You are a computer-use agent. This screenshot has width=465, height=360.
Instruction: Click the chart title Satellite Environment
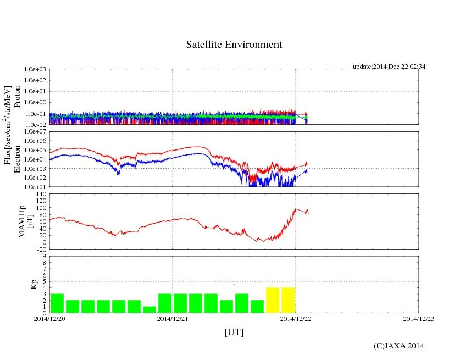pos(234,45)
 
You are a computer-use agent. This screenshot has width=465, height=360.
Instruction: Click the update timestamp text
pos(389,67)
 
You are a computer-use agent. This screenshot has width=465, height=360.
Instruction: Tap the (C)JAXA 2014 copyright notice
pos(398,346)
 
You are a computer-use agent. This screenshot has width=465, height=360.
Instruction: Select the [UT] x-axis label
pos(234,332)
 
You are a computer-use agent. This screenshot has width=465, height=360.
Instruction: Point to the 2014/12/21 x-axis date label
pos(173,318)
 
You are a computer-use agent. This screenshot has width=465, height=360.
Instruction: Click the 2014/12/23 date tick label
pos(419,318)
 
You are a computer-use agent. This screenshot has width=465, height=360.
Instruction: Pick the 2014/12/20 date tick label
pos(49,318)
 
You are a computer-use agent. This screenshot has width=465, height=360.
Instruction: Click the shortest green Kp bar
pos(150,309)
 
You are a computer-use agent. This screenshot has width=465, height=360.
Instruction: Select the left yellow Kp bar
pos(273,300)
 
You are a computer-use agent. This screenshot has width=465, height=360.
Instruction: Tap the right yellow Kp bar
pos(288,300)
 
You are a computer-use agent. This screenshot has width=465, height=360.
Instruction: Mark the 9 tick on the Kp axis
pos(45,256)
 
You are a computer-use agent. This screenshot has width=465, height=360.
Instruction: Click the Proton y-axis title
pos(17,97)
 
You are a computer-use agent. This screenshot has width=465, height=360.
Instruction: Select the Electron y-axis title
pos(17,159)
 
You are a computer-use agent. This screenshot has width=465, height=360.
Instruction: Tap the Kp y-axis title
pos(33,284)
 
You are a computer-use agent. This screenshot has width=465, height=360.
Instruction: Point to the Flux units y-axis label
pos(8,125)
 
